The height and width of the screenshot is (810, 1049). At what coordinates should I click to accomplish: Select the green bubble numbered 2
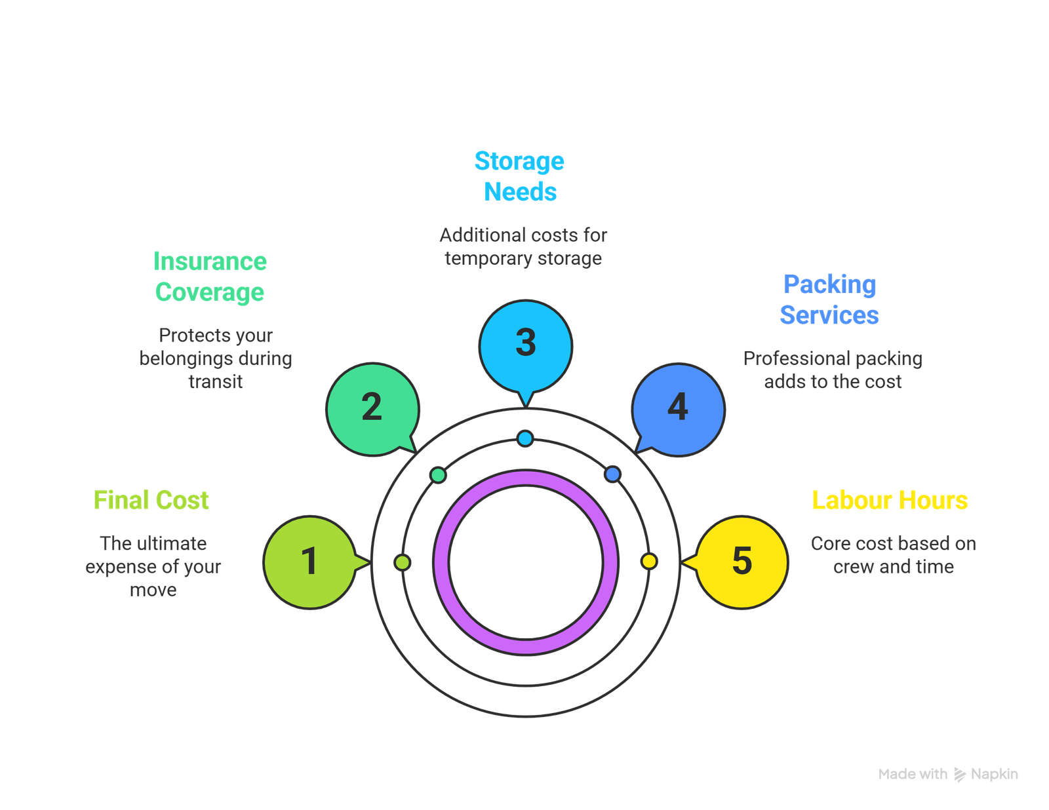(372, 408)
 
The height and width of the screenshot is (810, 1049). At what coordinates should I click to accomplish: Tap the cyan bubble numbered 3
(525, 343)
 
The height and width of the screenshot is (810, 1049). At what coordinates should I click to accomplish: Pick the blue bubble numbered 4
(678, 408)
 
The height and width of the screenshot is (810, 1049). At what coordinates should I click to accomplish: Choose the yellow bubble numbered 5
(742, 562)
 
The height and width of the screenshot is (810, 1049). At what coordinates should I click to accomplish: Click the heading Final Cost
(151, 501)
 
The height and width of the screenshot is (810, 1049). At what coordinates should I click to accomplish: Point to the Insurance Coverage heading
(210, 277)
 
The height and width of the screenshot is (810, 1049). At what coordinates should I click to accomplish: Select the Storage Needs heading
(520, 176)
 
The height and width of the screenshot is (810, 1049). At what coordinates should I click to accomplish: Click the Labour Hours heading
(890, 501)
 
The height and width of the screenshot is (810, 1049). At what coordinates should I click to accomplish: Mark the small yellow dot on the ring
(648, 562)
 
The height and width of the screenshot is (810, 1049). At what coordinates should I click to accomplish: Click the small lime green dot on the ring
(403, 562)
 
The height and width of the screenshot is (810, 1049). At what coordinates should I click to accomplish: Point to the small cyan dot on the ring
(524, 438)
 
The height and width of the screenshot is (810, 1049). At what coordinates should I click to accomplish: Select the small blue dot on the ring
(612, 474)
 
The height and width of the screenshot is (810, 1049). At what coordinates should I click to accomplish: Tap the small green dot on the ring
(438, 474)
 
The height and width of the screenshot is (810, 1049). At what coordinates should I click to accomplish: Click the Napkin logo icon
(959, 775)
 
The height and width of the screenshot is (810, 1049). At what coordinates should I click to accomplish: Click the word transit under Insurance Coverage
(216, 381)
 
